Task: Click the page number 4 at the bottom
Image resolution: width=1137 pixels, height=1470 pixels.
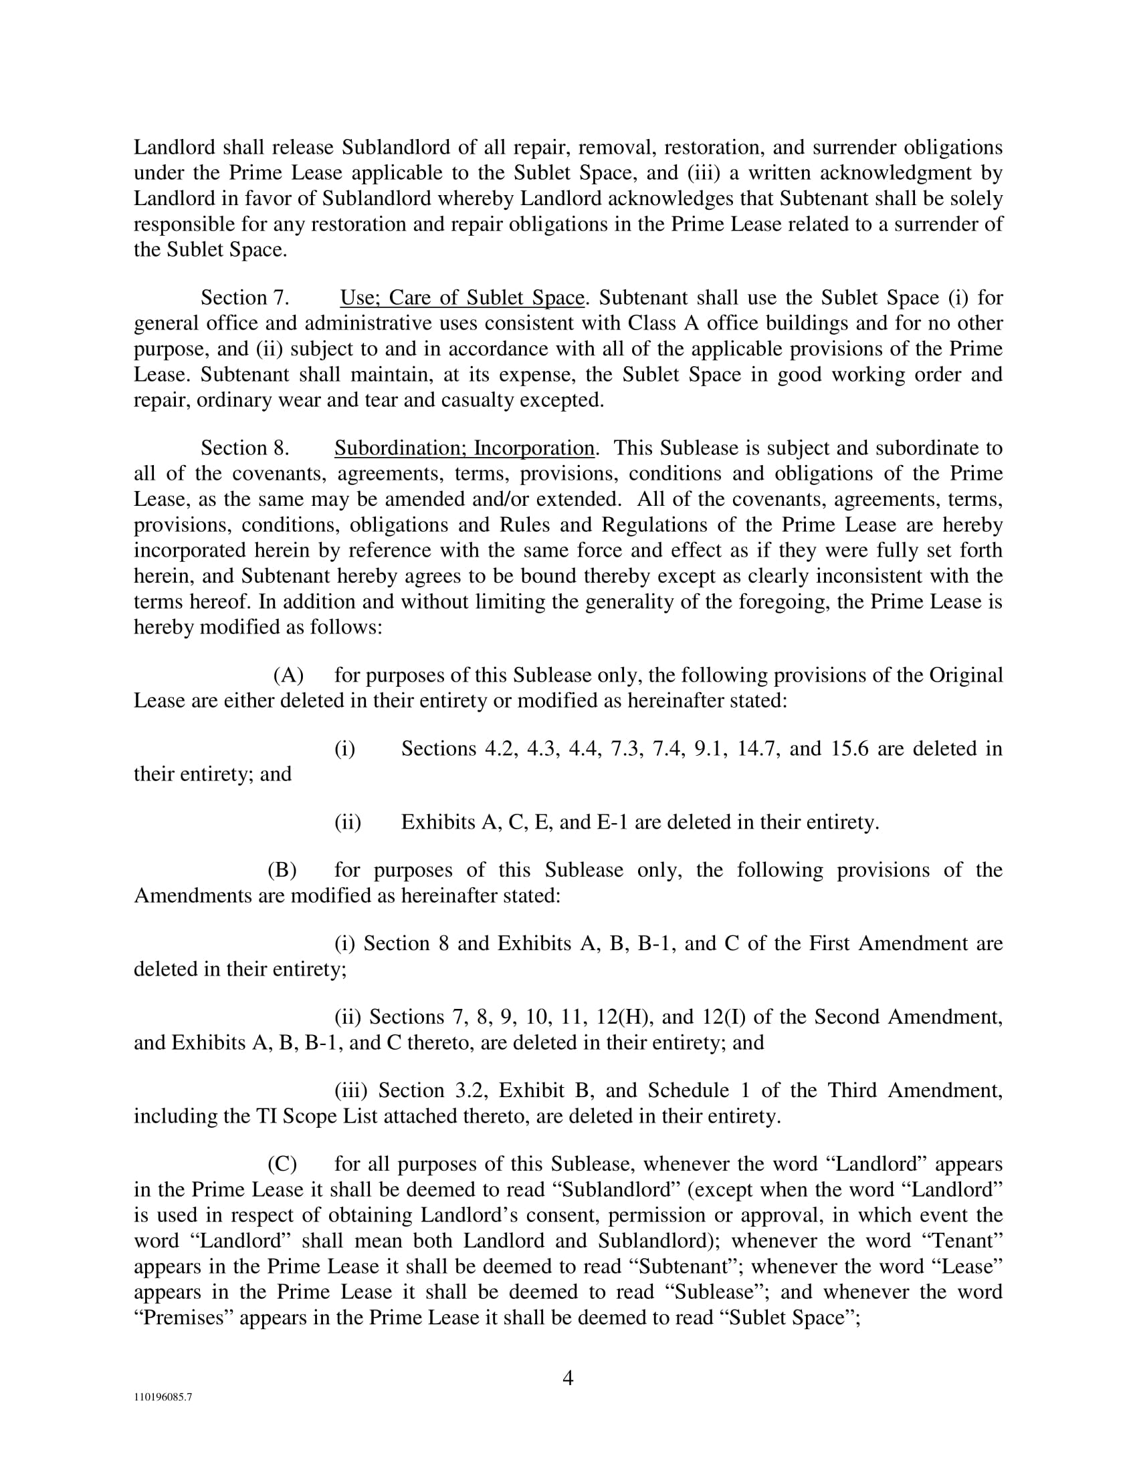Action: click(x=568, y=1378)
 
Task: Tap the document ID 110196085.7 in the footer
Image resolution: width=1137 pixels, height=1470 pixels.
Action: click(x=163, y=1396)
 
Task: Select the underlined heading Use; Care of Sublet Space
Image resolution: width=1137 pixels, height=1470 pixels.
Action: click(x=462, y=297)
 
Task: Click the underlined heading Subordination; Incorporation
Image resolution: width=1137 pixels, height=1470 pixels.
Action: click(x=464, y=448)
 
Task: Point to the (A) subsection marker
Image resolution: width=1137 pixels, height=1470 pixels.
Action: click(x=288, y=675)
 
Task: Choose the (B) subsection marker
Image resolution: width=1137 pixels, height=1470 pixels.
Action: click(x=282, y=869)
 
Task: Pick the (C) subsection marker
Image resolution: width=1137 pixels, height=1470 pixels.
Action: click(x=282, y=1164)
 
